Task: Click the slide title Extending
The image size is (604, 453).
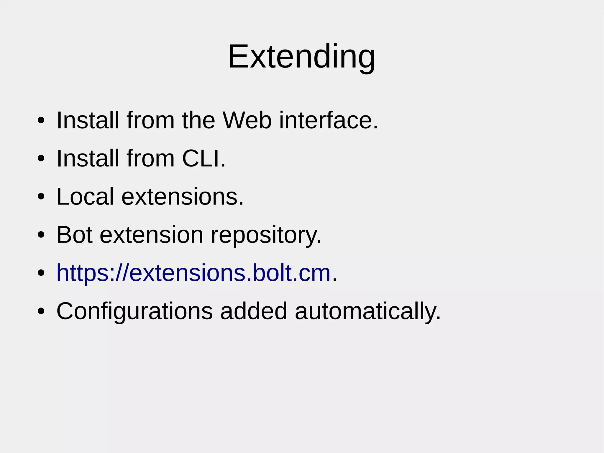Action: [x=302, y=56]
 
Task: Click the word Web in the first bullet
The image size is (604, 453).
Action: [x=247, y=120]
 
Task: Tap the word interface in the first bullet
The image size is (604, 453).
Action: [x=328, y=120]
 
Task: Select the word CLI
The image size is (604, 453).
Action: [x=203, y=158]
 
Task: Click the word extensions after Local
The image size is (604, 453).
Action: [x=182, y=197]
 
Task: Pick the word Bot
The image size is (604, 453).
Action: [x=74, y=235]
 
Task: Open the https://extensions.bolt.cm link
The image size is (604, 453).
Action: [x=193, y=273]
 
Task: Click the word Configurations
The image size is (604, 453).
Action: [x=134, y=311]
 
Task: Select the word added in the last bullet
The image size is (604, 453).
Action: [x=254, y=311]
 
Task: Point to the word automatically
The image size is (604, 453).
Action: [x=367, y=311]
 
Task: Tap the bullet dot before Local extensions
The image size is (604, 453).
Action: [x=41, y=197]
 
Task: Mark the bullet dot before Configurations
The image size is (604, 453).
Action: [x=41, y=311]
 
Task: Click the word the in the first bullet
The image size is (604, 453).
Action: [x=198, y=120]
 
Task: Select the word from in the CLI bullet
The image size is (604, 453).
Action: [x=151, y=158]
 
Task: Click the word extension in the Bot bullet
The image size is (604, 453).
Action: [x=151, y=235]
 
